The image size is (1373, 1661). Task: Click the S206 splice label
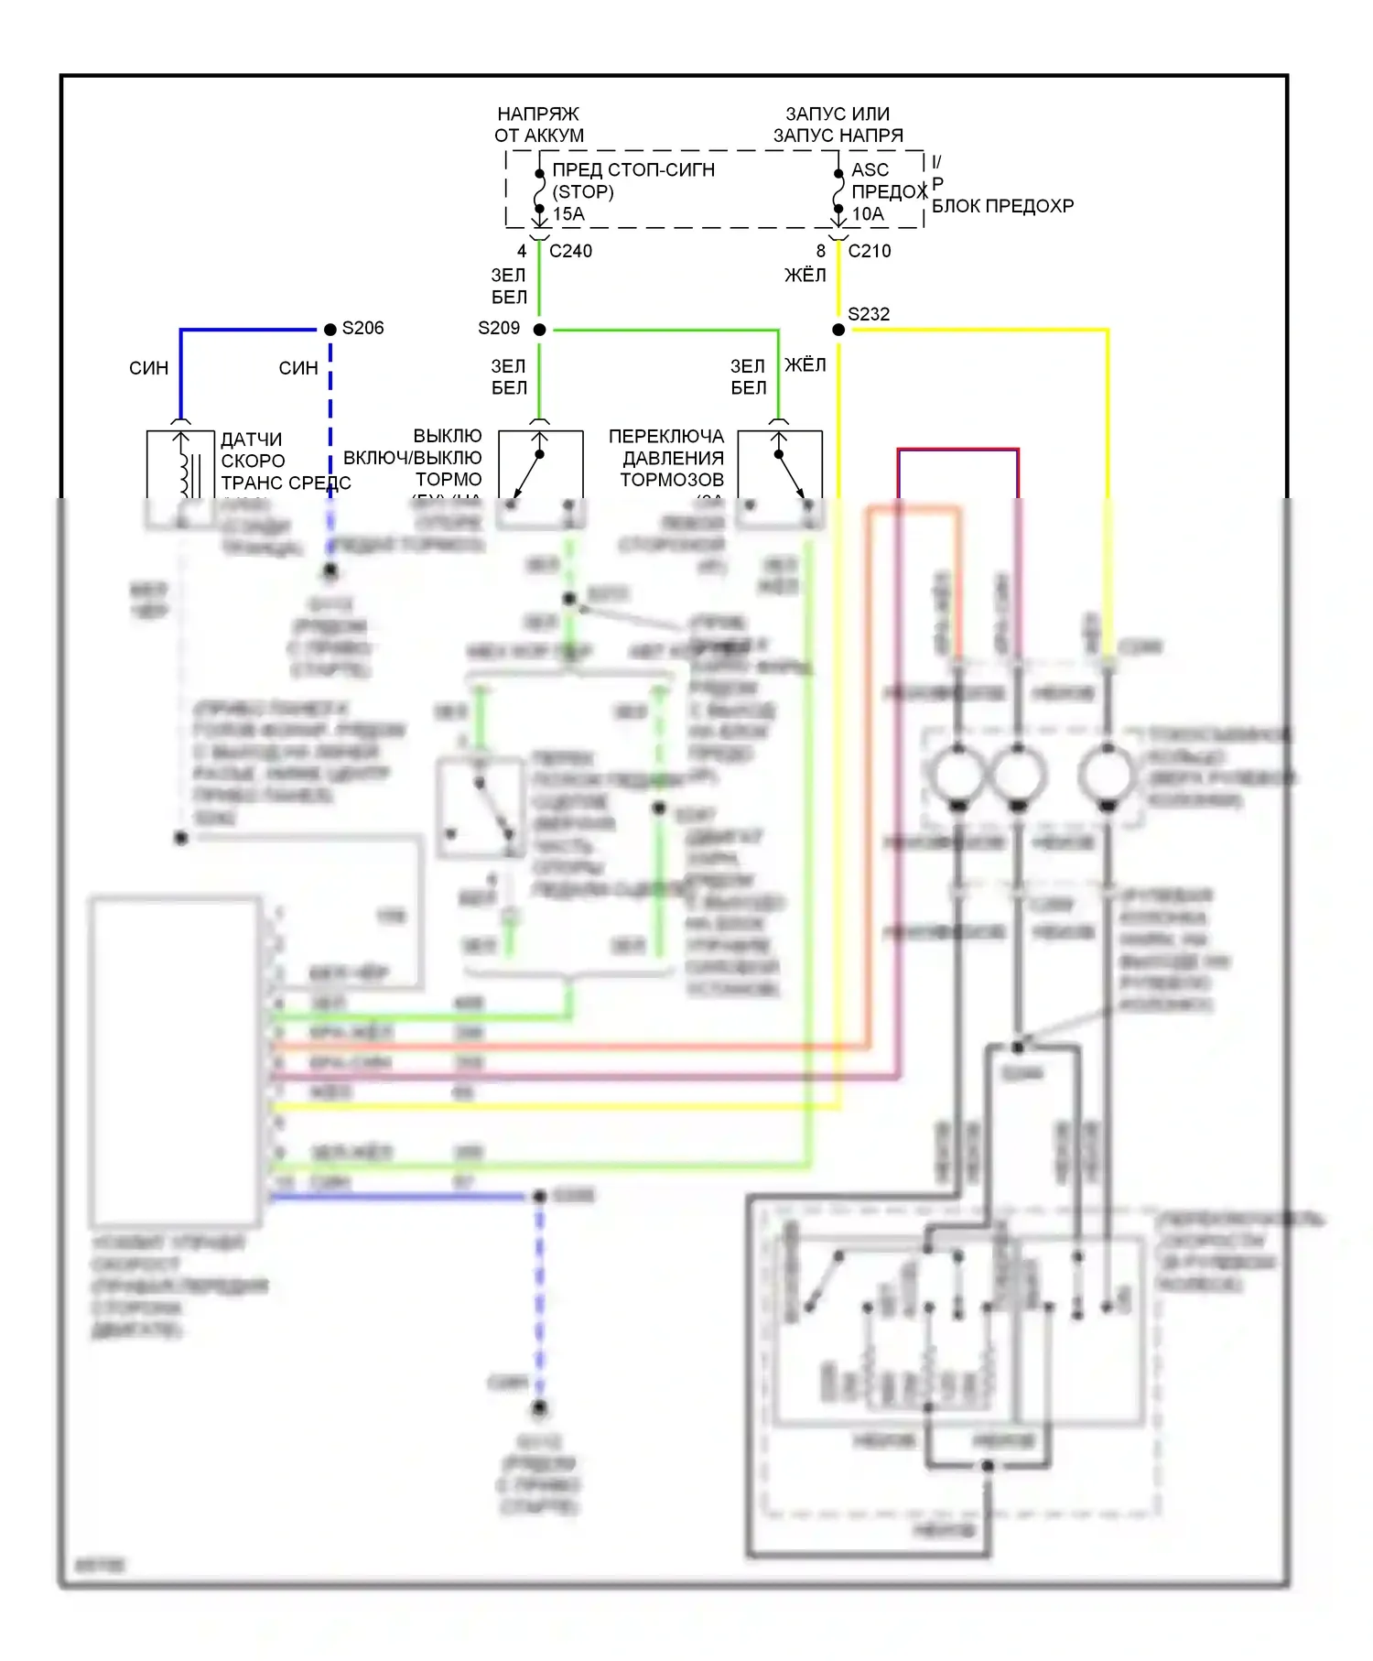[x=362, y=328]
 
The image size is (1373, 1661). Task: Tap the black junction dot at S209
[x=540, y=330]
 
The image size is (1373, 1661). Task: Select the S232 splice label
[x=868, y=314]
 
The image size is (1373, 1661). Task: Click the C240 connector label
[x=570, y=251]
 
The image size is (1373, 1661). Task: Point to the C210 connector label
[x=869, y=251]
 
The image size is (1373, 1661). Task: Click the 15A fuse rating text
[x=568, y=213]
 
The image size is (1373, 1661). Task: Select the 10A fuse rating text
[x=868, y=214]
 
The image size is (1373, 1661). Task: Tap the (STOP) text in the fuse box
[x=583, y=191]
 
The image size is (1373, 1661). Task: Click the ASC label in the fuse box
[x=870, y=170]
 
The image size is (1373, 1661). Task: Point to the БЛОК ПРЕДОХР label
[x=1002, y=206]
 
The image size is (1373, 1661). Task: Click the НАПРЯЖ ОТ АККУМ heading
[x=539, y=125]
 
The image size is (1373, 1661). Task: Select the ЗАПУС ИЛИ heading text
[x=838, y=114]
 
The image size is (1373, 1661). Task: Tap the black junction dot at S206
[x=330, y=330]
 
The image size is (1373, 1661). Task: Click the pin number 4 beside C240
[x=522, y=251]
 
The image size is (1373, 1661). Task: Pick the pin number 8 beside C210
[x=821, y=251]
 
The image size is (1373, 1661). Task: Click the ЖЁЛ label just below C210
[x=805, y=276]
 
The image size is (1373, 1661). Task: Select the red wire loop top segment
[x=957, y=450]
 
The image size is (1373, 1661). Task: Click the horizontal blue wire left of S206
[x=247, y=330]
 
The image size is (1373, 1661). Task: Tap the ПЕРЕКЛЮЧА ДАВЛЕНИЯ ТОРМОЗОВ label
[x=667, y=458]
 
